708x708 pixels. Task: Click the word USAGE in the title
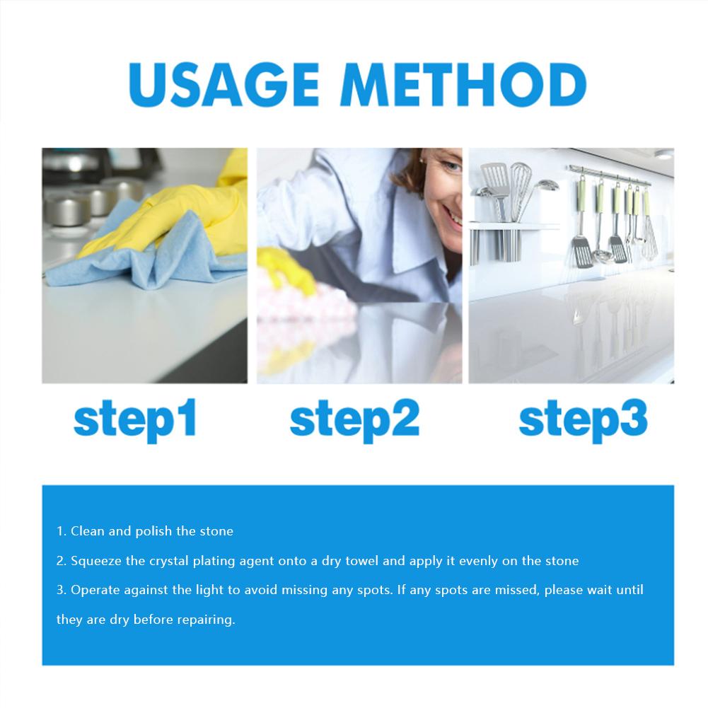click(224, 84)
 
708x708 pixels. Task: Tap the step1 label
click(135, 419)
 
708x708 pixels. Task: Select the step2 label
click(354, 419)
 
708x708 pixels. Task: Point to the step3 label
click(583, 419)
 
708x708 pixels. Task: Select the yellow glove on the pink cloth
click(286, 270)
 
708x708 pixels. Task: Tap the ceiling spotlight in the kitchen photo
click(663, 155)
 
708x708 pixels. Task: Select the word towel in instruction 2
click(361, 561)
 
